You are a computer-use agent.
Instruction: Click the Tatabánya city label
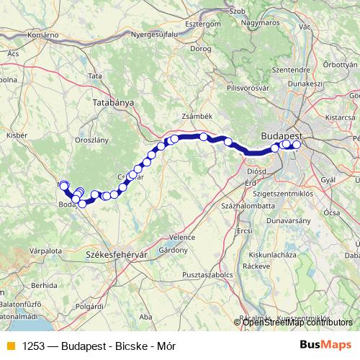tap(114, 103)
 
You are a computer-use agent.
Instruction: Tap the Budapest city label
tap(282, 135)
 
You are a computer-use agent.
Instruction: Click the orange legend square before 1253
tap(9, 346)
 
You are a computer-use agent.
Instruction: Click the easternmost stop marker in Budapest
tap(296, 145)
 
